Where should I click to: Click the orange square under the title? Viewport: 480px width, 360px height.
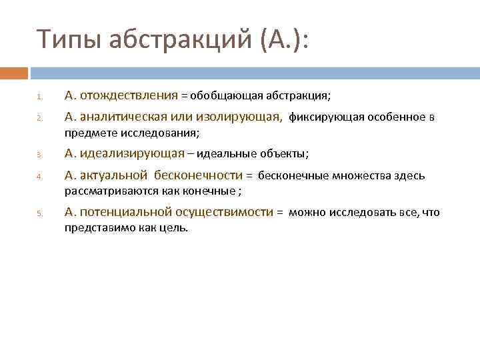(14, 73)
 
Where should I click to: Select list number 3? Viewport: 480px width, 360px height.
(39, 155)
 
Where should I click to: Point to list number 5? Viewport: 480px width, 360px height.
(39, 214)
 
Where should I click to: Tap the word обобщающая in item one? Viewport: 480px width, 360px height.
(220, 96)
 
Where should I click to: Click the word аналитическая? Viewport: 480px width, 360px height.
(123, 117)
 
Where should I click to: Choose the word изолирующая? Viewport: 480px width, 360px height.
(239, 117)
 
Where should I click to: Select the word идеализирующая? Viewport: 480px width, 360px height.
(132, 154)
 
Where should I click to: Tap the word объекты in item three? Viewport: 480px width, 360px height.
(284, 155)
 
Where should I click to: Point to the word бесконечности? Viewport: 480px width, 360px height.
(198, 176)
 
